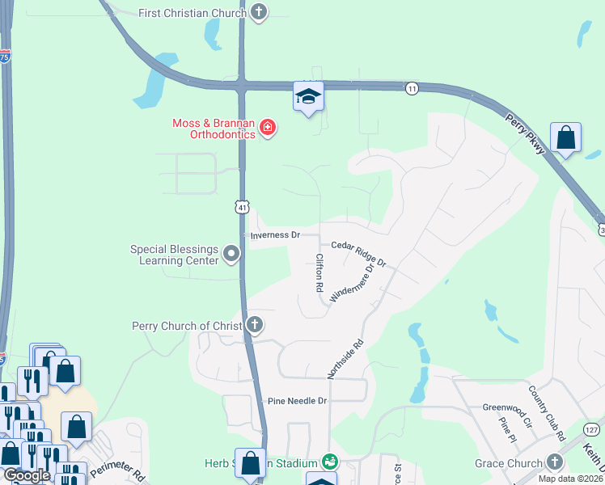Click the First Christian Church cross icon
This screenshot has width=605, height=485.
click(x=258, y=12)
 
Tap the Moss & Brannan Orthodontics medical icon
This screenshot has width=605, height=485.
click(x=267, y=129)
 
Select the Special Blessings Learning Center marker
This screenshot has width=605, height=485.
click(x=231, y=255)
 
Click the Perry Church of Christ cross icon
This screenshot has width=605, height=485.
click(x=254, y=326)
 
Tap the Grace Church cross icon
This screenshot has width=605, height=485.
click(x=554, y=462)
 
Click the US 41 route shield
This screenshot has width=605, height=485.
click(x=242, y=207)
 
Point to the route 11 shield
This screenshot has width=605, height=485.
click(x=412, y=88)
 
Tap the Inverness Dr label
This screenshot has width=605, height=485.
click(x=275, y=235)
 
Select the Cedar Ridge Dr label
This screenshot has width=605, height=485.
click(x=358, y=253)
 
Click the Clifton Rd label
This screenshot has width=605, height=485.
click(x=319, y=272)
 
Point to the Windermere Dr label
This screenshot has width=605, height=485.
click(x=353, y=283)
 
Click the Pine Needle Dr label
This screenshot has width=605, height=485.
click(x=297, y=401)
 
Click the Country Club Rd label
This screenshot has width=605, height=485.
click(x=547, y=412)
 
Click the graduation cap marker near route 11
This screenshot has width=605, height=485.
click(x=308, y=97)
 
